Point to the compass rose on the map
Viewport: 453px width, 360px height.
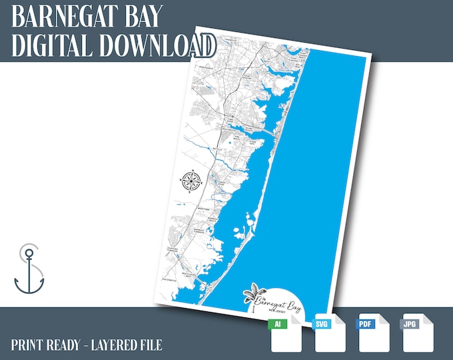191,180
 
